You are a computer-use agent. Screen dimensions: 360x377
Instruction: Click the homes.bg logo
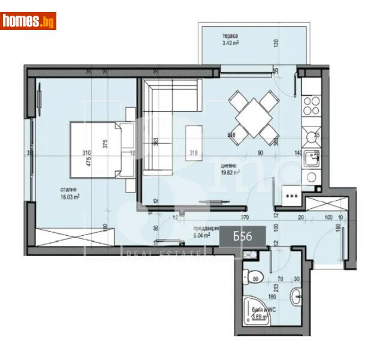tap(29, 21)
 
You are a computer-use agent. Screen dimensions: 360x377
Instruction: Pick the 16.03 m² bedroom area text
tap(70, 196)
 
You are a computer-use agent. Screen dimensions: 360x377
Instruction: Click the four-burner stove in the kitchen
tap(311, 106)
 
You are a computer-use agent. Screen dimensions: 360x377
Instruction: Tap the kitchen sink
tap(312, 158)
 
